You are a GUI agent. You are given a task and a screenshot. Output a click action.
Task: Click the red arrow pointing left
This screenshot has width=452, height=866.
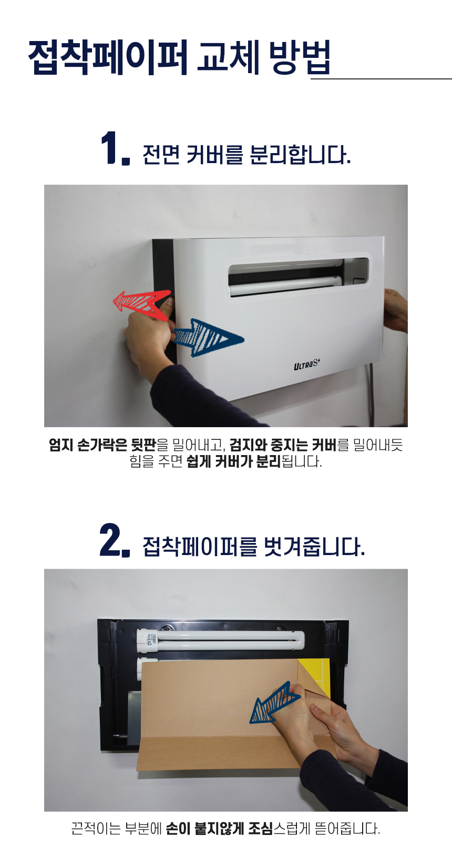[141, 304]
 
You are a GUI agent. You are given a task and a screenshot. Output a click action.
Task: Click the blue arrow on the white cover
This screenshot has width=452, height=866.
[209, 338]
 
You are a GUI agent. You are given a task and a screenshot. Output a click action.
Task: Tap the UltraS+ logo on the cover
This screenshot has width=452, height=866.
[307, 364]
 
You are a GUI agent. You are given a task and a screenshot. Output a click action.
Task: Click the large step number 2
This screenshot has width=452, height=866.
[115, 540]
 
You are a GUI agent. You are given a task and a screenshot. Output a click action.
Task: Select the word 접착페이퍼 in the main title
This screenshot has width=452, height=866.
[108, 57]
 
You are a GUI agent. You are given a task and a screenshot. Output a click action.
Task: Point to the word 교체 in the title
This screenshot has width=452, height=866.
[228, 57]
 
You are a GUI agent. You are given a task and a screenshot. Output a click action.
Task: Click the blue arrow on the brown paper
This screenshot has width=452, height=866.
[274, 703]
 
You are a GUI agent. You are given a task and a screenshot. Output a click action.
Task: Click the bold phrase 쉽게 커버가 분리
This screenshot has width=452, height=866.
[234, 461]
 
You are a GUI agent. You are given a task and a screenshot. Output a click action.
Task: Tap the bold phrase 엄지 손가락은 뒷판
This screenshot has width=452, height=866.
[102, 445]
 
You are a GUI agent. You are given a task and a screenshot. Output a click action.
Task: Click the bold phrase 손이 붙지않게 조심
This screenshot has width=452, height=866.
[220, 829]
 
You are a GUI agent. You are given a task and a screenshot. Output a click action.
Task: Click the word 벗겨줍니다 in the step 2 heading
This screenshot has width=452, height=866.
[314, 547]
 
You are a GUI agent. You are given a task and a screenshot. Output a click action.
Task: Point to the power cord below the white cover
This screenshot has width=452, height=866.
[372, 395]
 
